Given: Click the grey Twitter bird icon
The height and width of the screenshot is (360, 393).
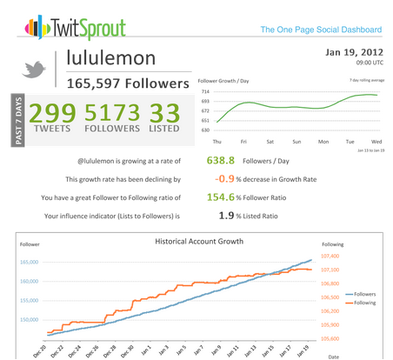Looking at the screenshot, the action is pyautogui.click(x=34, y=70).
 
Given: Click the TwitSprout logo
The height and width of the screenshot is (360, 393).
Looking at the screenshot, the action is pyautogui.click(x=75, y=28).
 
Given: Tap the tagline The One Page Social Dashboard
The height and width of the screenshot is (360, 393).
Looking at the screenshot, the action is pyautogui.click(x=321, y=30).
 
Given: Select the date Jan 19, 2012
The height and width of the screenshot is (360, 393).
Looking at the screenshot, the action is pyautogui.click(x=354, y=52).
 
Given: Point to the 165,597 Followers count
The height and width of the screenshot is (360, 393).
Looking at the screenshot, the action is pyautogui.click(x=128, y=83).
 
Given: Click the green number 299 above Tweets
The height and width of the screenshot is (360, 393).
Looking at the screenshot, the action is pyautogui.click(x=52, y=113).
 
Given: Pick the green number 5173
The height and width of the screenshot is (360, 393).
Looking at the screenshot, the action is pyautogui.click(x=112, y=112).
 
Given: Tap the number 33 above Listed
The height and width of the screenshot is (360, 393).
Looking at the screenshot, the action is pyautogui.click(x=164, y=113).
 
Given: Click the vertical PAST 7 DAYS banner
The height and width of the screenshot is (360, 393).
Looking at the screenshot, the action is pyautogui.click(x=18, y=120).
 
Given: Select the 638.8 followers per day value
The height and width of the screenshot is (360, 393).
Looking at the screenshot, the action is pyautogui.click(x=221, y=160).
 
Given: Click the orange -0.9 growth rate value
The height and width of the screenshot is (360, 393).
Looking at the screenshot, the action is pyautogui.click(x=224, y=178).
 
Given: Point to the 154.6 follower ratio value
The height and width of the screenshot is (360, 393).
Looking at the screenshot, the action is pyautogui.click(x=221, y=197).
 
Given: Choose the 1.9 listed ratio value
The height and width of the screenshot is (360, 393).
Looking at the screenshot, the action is pyautogui.click(x=226, y=216).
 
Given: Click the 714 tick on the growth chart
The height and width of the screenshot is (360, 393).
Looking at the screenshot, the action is pyautogui.click(x=205, y=91).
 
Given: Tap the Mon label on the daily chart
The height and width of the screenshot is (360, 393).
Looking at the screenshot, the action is pyautogui.click(x=323, y=142).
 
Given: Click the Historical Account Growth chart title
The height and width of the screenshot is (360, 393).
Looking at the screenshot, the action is pyautogui.click(x=199, y=242).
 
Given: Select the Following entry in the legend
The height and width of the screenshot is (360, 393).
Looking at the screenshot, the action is pyautogui.click(x=361, y=303).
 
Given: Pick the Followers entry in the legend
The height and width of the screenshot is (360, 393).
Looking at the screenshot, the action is pyautogui.click(x=361, y=294).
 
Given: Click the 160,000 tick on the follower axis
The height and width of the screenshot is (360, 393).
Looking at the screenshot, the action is pyautogui.click(x=29, y=281).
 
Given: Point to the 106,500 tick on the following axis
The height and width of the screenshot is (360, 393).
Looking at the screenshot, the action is pyautogui.click(x=330, y=297).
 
